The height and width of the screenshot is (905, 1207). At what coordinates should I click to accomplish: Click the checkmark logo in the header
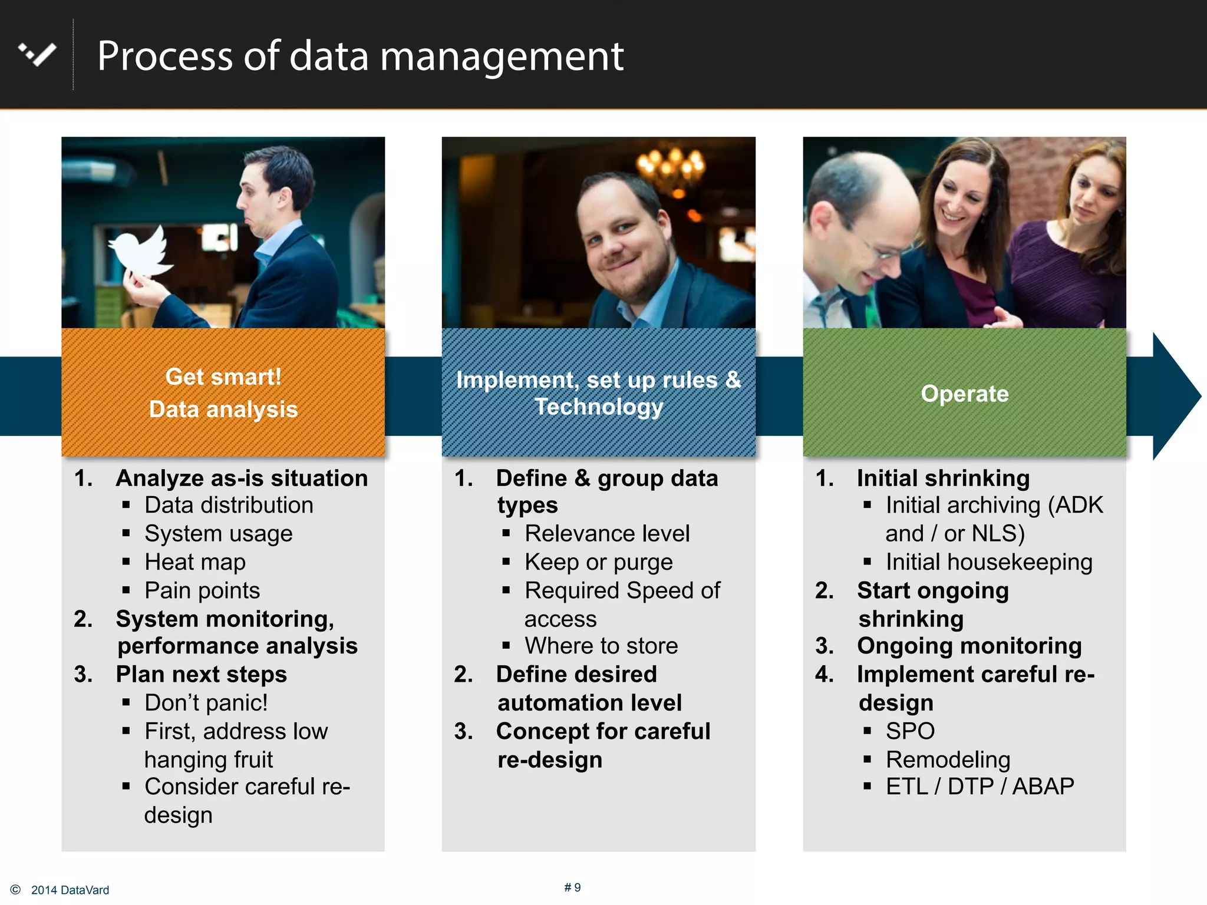pyautogui.click(x=38, y=55)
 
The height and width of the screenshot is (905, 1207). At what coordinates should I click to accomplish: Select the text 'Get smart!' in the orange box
pyautogui.click(x=223, y=377)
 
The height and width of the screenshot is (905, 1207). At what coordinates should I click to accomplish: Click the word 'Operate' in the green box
pyautogui.click(x=964, y=394)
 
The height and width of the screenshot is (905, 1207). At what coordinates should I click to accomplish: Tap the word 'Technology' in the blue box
pyautogui.click(x=599, y=407)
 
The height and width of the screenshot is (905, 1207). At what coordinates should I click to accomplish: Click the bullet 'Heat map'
pyautogui.click(x=195, y=562)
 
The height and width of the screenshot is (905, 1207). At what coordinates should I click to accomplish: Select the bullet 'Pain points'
pyautogui.click(x=202, y=590)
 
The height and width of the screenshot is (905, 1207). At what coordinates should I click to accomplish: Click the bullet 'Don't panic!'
pyautogui.click(x=206, y=703)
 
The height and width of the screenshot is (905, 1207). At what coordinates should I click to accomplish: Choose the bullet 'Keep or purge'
pyautogui.click(x=598, y=562)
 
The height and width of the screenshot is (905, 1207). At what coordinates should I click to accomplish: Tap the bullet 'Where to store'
pyautogui.click(x=601, y=646)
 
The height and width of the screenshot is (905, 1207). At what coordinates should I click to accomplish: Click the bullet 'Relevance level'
pyautogui.click(x=607, y=534)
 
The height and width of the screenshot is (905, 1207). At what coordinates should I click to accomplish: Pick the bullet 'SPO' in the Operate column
pyautogui.click(x=910, y=731)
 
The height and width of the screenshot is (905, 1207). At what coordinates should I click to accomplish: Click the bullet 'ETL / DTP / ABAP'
pyautogui.click(x=980, y=787)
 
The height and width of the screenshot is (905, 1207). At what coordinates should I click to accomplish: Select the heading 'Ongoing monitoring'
pyautogui.click(x=969, y=646)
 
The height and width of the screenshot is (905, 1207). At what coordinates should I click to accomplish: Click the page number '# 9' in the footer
pyautogui.click(x=572, y=887)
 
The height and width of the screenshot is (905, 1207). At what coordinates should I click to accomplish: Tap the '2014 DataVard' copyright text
pyautogui.click(x=70, y=890)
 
